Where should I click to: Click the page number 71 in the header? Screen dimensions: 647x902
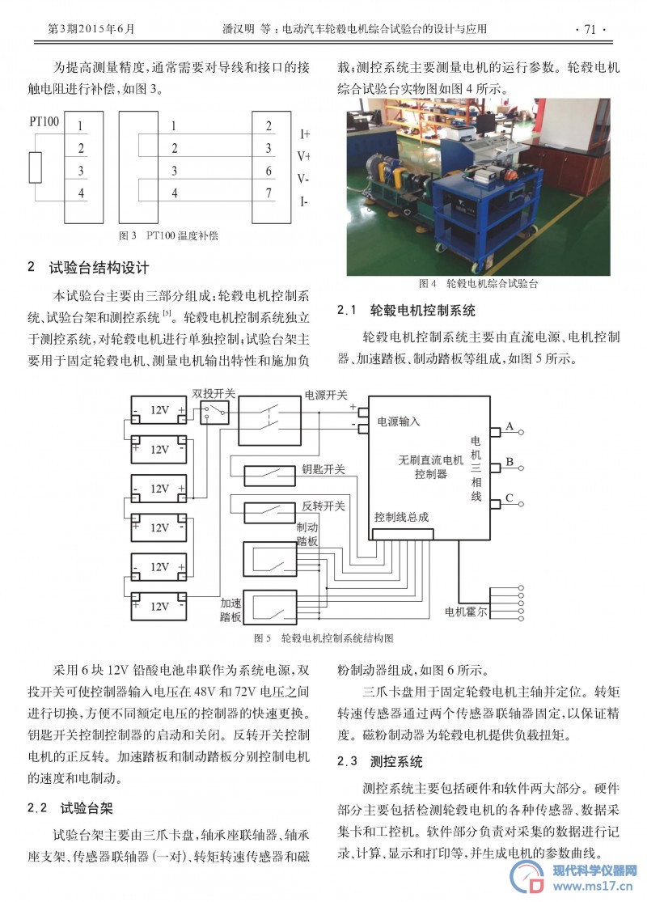point(590,29)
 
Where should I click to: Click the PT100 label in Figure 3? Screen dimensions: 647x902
point(44,121)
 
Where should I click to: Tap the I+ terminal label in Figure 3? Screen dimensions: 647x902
point(304,134)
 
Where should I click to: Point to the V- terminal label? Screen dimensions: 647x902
point(303,179)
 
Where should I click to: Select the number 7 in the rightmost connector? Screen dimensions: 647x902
point(269,193)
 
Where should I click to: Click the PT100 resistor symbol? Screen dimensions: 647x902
point(36,167)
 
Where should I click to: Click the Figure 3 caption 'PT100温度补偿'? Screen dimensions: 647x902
point(182,235)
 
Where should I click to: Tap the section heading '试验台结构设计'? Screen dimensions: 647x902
point(99,268)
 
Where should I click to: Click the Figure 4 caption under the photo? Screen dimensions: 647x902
point(479,284)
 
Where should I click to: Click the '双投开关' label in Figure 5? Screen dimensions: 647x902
point(214,393)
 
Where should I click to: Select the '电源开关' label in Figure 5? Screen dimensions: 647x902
point(326,395)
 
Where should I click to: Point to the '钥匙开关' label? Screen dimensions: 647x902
point(323,469)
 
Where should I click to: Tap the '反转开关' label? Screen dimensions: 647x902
point(323,506)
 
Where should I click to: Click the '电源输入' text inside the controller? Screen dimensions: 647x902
point(399,421)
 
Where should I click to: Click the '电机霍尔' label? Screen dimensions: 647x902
point(466,612)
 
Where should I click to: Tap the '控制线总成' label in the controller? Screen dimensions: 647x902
point(401,517)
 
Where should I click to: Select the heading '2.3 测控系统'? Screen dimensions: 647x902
point(380,761)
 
